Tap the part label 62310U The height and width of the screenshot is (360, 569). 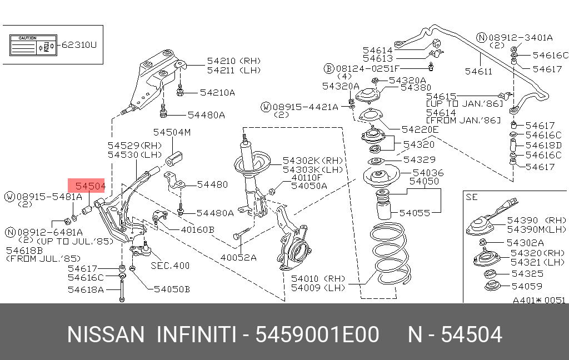click(78, 44)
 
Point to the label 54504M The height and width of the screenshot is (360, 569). click(172, 132)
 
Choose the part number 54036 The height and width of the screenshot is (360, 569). click(428, 173)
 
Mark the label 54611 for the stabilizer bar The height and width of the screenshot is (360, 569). click(478, 71)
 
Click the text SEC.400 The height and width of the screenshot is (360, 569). click(170, 266)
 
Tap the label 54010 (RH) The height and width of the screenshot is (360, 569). click(318, 278)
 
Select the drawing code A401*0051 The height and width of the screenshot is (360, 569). click(538, 300)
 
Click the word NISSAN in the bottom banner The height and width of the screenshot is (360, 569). click(105, 335)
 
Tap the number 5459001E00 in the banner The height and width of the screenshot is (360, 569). click(317, 335)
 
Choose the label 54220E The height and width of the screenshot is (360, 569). click(420, 129)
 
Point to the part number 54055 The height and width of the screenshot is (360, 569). click(414, 212)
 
